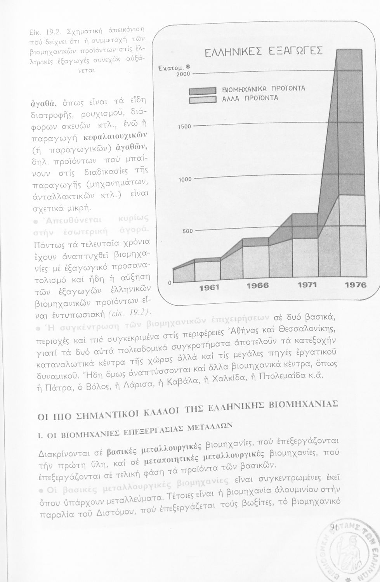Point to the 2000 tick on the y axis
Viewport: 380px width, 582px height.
pos(184,74)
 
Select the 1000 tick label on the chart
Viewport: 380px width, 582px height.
pos(185,180)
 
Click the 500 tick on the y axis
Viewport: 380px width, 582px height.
pos(187,231)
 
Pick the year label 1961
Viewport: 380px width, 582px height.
pos(209,287)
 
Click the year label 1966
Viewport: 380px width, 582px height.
pos(258,286)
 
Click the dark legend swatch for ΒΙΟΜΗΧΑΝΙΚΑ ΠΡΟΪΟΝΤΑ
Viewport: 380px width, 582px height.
pos(202,92)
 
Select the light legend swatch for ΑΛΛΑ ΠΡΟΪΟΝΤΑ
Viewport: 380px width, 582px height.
pos(202,101)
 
